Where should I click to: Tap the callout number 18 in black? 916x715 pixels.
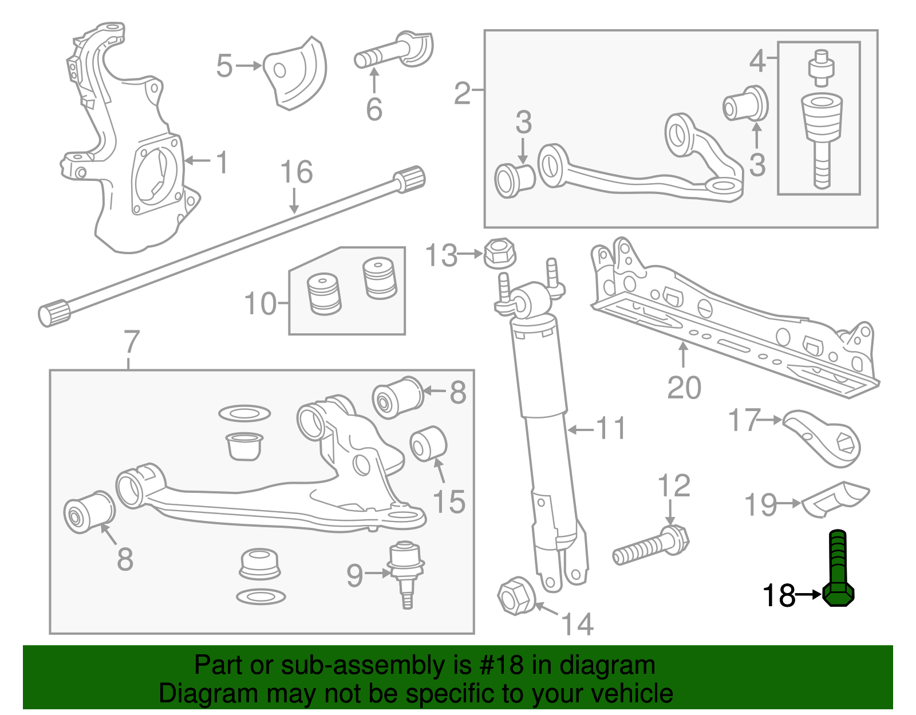[779, 595]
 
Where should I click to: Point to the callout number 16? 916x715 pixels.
[297, 172]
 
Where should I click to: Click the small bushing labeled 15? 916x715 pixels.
[428, 444]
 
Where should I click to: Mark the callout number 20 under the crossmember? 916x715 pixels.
[684, 388]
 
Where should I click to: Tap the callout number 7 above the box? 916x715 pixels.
[132, 342]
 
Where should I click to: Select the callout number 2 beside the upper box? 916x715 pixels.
[463, 92]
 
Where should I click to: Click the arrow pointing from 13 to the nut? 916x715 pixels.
[471, 253]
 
